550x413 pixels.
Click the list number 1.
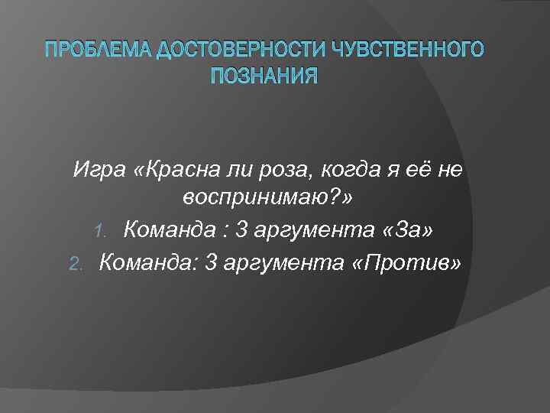pyautogui.click(x=108, y=230)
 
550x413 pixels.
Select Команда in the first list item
pyautogui.click(x=171, y=229)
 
